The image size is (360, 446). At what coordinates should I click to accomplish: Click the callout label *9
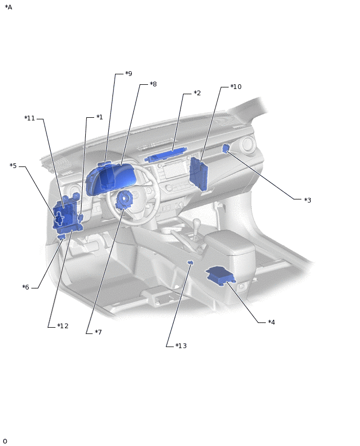tap(129, 74)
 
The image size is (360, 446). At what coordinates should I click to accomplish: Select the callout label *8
tap(153, 84)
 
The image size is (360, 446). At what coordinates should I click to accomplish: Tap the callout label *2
tap(197, 93)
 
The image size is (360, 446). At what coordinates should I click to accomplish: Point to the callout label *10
tap(236, 86)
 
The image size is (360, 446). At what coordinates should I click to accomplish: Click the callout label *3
tap(308, 200)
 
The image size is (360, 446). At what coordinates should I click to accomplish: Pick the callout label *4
tap(272, 322)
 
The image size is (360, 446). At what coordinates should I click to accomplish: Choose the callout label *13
tap(181, 346)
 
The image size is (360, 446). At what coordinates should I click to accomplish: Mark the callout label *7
tap(98, 332)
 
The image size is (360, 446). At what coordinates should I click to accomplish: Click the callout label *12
tap(63, 326)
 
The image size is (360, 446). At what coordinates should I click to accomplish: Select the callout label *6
tap(26, 287)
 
